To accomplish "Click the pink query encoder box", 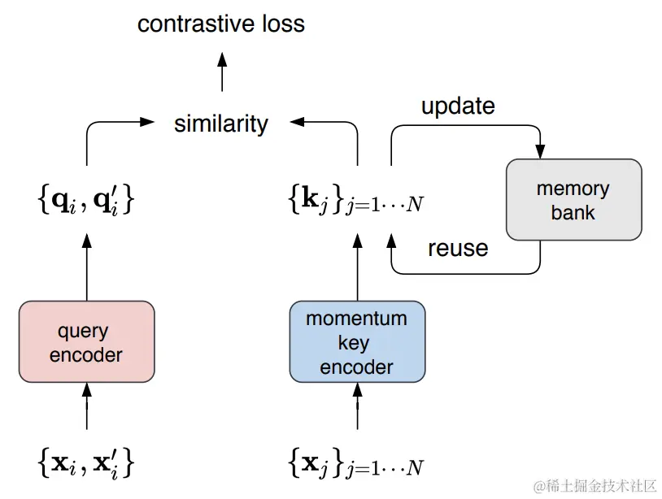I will pyautogui.click(x=86, y=342).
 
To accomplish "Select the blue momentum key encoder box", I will pyautogui.click(x=357, y=342).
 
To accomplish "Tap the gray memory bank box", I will pyautogui.click(x=573, y=200).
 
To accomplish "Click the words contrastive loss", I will pyautogui.click(x=221, y=24).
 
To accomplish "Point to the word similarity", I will pyautogui.click(x=221, y=124).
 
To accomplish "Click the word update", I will pyautogui.click(x=458, y=106).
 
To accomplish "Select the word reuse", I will pyautogui.click(x=458, y=248).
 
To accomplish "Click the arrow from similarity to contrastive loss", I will pyautogui.click(x=222, y=72).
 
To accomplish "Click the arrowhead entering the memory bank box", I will pyautogui.click(x=540, y=151).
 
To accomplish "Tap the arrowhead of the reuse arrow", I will pyautogui.click(x=391, y=242).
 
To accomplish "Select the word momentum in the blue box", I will pyautogui.click(x=357, y=319).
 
